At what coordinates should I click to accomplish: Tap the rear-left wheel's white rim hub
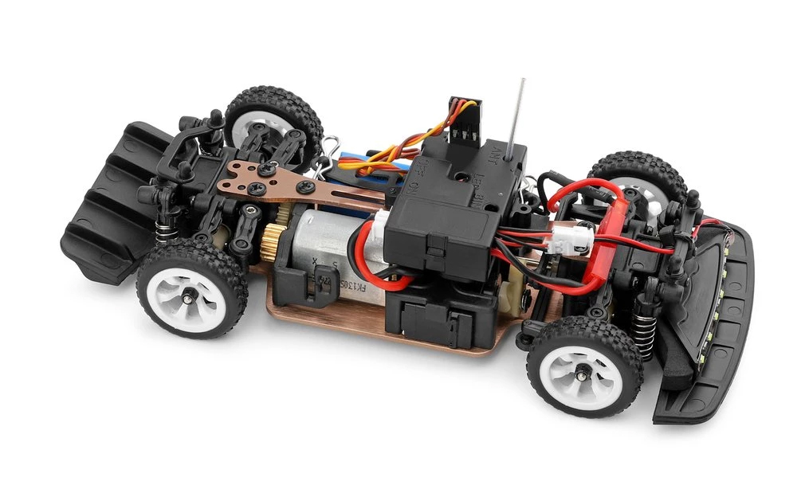(188, 295)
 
